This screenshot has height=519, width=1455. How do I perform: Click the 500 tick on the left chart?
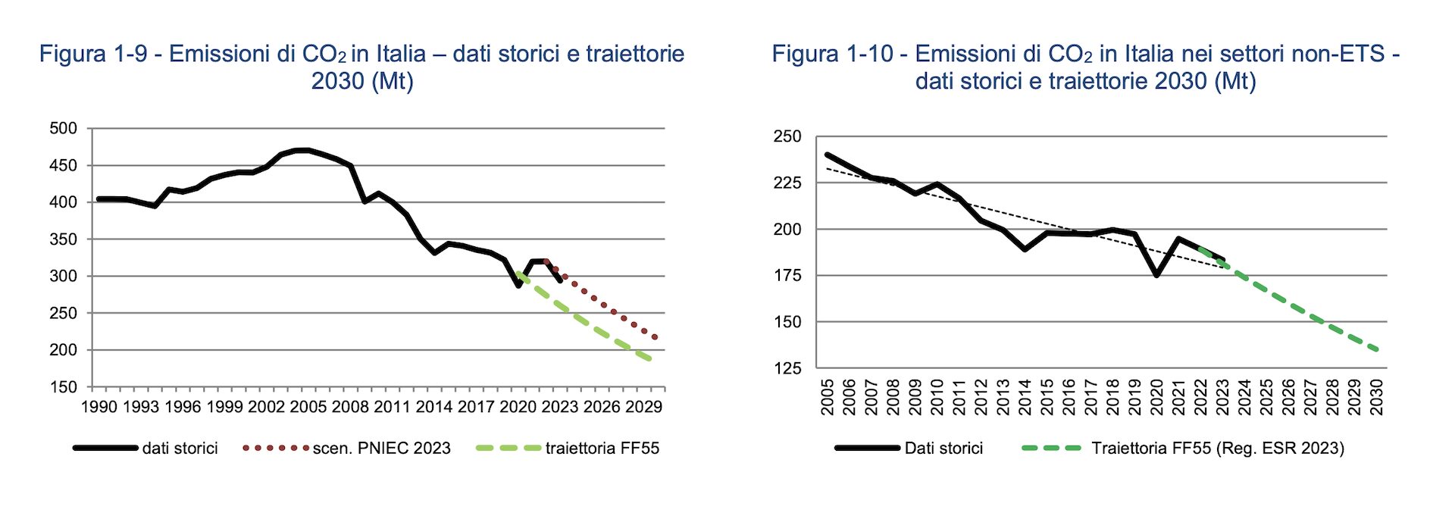pyautogui.click(x=64, y=129)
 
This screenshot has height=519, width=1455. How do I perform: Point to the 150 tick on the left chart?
pyautogui.click(x=64, y=387)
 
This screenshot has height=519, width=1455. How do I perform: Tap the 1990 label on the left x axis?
pyautogui.click(x=99, y=407)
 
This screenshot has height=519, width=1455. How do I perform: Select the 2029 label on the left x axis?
pyautogui.click(x=643, y=407)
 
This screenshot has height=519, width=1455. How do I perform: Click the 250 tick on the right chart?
pyautogui.click(x=787, y=137)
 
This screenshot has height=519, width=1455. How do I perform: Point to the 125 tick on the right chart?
pyautogui.click(x=787, y=368)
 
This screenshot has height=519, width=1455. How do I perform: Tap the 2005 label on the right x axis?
pyautogui.click(x=827, y=397)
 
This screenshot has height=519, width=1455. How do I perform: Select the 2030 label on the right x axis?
pyautogui.click(x=1377, y=397)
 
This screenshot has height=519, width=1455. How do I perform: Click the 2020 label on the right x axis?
pyautogui.click(x=1157, y=397)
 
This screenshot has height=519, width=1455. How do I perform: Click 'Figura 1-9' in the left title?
pyautogui.click(x=93, y=55)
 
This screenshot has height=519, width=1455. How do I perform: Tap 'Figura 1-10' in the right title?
pyautogui.click(x=832, y=55)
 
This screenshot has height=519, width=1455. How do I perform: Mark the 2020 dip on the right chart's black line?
pyautogui.click(x=1157, y=275)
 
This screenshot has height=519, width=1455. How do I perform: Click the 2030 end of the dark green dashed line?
pyautogui.click(x=1377, y=350)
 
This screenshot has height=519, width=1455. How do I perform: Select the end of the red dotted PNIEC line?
pyautogui.click(x=656, y=338)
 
